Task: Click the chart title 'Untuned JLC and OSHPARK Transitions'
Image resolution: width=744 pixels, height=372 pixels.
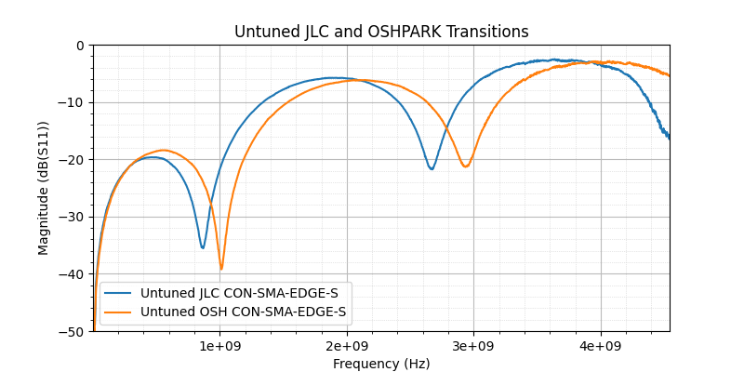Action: tap(381, 32)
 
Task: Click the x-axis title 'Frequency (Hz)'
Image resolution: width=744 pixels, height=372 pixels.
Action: tap(381, 364)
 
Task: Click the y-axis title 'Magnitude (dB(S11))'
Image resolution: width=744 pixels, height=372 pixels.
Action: tap(44, 188)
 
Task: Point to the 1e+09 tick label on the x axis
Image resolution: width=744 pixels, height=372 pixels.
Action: tap(219, 346)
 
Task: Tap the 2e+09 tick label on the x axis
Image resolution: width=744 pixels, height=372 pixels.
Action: tap(347, 346)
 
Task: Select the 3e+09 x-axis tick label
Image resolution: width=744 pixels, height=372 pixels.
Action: tap(473, 346)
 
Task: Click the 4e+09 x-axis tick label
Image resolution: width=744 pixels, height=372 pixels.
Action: tap(600, 346)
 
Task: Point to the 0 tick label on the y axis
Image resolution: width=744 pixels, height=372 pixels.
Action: tap(80, 46)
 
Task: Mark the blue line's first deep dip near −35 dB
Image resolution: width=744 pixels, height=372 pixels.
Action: tap(203, 247)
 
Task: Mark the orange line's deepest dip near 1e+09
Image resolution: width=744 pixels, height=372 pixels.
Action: tap(221, 269)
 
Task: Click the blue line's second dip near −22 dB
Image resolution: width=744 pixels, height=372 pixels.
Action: tap(432, 168)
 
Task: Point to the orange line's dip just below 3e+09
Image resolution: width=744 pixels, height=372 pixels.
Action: tap(465, 166)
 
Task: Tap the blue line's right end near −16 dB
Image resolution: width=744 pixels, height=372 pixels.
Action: tap(669, 138)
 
